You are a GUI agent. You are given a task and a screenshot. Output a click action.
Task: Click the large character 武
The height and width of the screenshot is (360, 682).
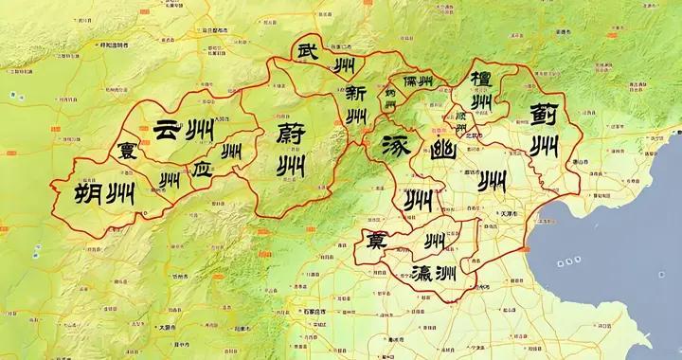(309, 51)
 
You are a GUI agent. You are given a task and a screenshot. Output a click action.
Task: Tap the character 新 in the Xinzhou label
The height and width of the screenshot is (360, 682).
(356, 94)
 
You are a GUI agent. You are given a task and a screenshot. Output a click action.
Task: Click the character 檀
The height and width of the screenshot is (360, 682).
(478, 77)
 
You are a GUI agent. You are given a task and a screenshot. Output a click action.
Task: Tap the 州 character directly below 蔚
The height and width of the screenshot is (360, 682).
(289, 167)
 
